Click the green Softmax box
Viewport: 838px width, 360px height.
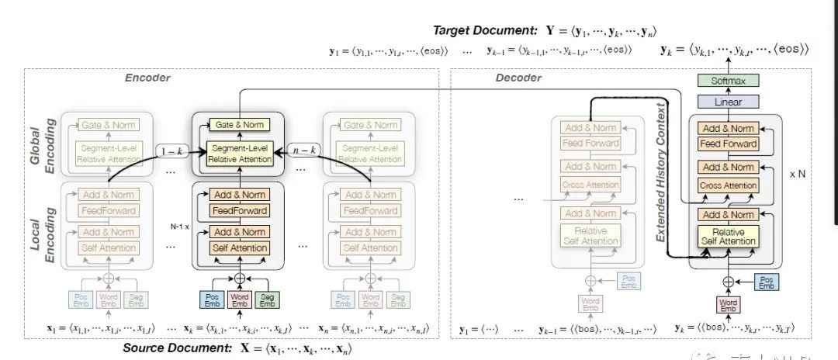pos(727,80)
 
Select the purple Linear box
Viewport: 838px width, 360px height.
pos(727,102)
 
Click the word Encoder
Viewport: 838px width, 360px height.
pos(147,78)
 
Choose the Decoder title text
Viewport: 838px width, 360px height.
pos(519,78)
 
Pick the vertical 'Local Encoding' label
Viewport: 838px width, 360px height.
pos(43,229)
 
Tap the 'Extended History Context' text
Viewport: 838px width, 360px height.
pos(661,171)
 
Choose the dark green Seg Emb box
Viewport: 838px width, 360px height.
pos(268,299)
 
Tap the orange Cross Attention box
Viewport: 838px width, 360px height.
pos(727,186)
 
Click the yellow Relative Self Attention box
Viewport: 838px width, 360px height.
pos(728,237)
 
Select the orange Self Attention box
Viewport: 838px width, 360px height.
pos(239,248)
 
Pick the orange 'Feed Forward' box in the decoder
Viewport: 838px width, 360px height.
pos(727,144)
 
